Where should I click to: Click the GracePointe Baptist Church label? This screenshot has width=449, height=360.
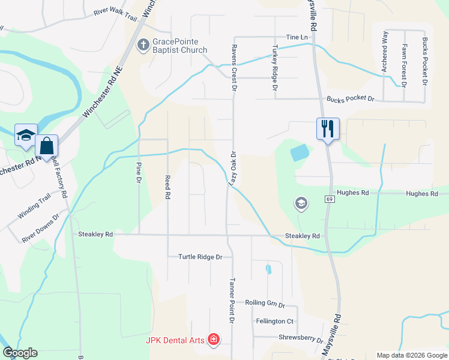[x=179, y=46]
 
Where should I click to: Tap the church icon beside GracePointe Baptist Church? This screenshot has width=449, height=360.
[x=143, y=44]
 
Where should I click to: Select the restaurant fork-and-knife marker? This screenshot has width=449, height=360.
[x=328, y=128]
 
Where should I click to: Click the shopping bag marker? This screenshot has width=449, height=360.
[x=46, y=146]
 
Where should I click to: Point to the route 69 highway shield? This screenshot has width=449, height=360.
[x=330, y=199]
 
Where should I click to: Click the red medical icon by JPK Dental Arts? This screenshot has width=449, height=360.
[x=213, y=340]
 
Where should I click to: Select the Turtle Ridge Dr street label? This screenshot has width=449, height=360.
[x=200, y=257]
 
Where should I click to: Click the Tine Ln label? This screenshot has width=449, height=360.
[x=297, y=37]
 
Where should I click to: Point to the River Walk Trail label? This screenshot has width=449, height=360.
[x=116, y=11]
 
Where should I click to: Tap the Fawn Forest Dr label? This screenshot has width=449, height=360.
[x=405, y=65]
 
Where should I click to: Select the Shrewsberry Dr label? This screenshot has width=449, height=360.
[x=301, y=338]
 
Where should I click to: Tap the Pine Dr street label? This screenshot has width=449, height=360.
[x=139, y=172]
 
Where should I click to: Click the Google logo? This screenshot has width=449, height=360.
[x=20, y=353]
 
